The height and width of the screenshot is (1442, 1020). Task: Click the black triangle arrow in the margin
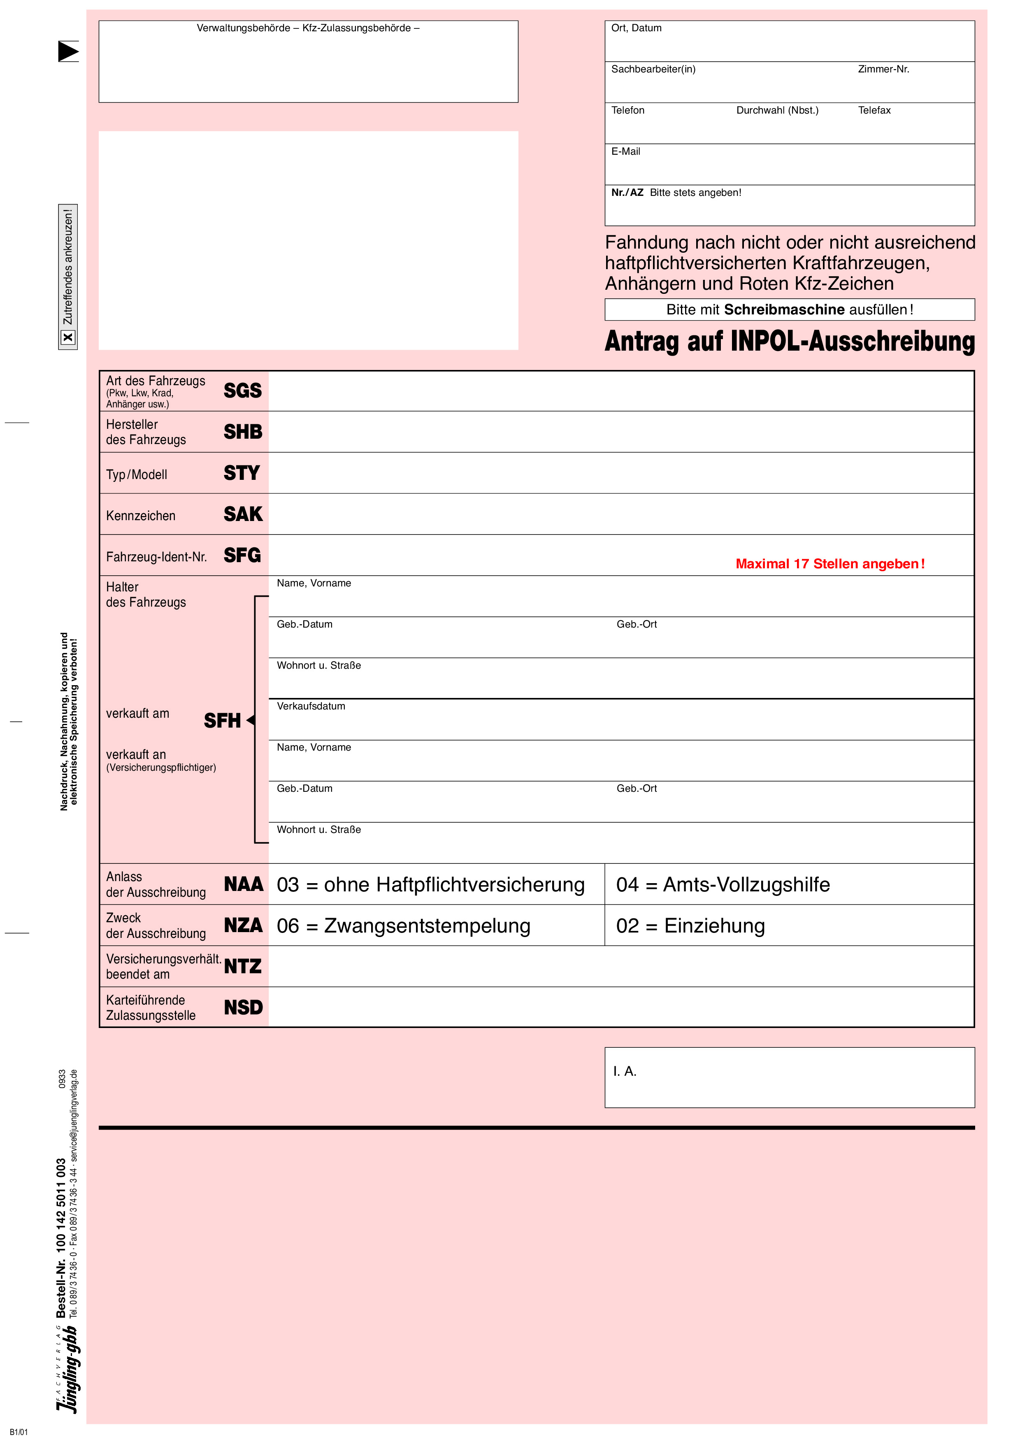click(68, 51)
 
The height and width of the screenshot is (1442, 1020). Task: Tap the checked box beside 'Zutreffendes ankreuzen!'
click(68, 337)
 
